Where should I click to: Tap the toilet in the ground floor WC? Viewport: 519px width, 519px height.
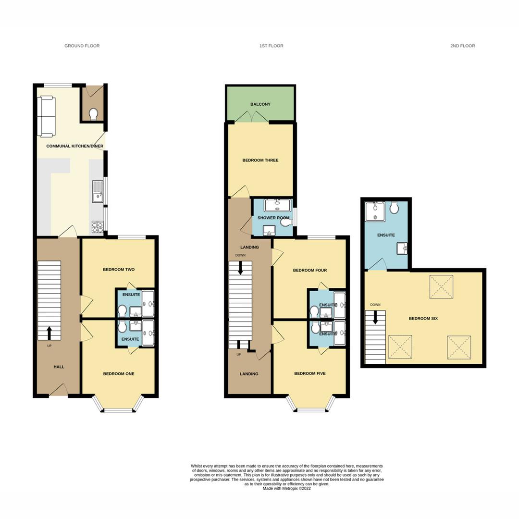pyautogui.click(x=93, y=113)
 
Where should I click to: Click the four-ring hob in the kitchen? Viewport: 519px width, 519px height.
pyautogui.click(x=98, y=227)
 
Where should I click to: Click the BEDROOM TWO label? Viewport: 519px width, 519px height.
pyautogui.click(x=119, y=270)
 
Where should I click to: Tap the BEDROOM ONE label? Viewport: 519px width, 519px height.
pyautogui.click(x=119, y=374)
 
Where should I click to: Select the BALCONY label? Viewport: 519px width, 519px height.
pyautogui.click(x=260, y=104)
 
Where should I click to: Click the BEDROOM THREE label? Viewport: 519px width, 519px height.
pyautogui.click(x=260, y=161)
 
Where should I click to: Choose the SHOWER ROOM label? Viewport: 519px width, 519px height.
pyautogui.click(x=273, y=218)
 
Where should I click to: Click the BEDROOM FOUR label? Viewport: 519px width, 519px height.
pyautogui.click(x=310, y=271)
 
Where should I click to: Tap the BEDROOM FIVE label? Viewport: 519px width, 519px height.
pyautogui.click(x=310, y=373)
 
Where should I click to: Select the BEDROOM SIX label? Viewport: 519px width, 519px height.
pyautogui.click(x=423, y=319)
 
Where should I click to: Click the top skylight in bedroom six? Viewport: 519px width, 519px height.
pyautogui.click(x=441, y=287)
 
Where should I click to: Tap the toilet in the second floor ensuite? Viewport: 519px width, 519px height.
pyautogui.click(x=394, y=208)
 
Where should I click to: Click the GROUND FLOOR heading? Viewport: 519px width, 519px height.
pyautogui.click(x=82, y=46)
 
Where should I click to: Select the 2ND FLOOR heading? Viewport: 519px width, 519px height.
pyautogui.click(x=462, y=46)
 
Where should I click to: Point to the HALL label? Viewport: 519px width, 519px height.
pyautogui.click(x=59, y=367)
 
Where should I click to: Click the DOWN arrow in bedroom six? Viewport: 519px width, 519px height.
pyautogui.click(x=376, y=317)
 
